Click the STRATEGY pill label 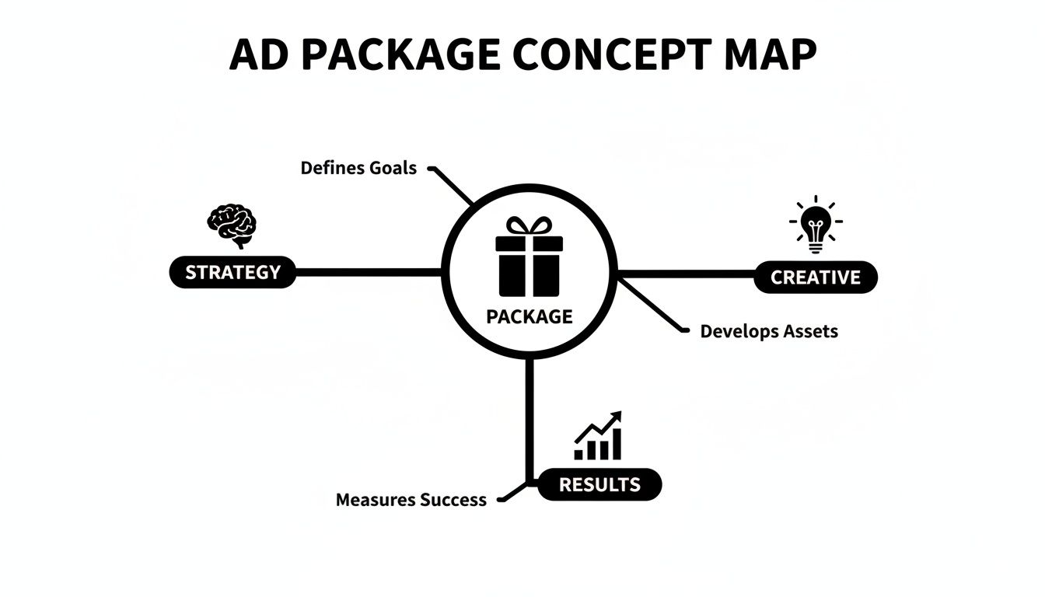(232, 273)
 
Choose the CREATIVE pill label (816, 278)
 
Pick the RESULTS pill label (599, 484)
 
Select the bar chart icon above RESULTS (598, 437)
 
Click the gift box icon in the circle (529, 259)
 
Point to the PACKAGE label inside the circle (529, 316)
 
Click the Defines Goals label (358, 168)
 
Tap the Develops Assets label (769, 331)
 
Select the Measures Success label (411, 500)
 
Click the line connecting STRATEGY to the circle (369, 273)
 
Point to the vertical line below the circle (529, 420)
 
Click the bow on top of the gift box (529, 226)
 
